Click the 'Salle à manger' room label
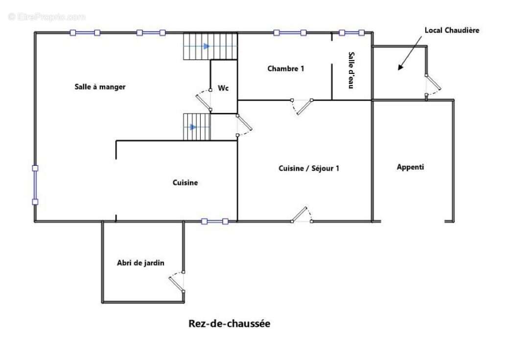point(100,87)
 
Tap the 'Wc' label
point(223,88)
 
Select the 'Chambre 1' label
point(285,68)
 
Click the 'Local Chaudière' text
point(451,30)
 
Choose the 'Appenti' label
point(410,167)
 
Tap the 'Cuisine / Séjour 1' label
point(309,168)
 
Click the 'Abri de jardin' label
point(140,263)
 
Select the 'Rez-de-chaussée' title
point(229,324)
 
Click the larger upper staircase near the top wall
point(210,46)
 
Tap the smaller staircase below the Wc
point(197,127)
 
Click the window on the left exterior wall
point(35,185)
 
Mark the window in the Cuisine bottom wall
point(214,222)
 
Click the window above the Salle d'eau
point(351,33)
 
